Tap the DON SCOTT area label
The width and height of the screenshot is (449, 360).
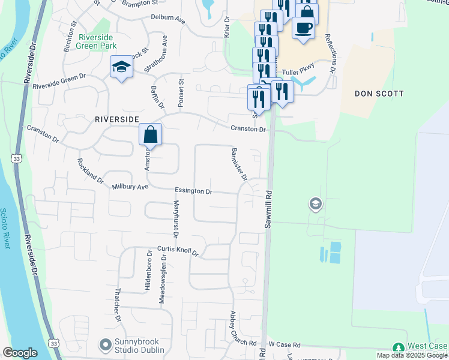click(x=379, y=94)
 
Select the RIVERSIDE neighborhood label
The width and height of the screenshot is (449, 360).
click(x=117, y=119)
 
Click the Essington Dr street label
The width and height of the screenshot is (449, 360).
click(x=193, y=191)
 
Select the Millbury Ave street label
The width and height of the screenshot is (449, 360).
click(x=130, y=187)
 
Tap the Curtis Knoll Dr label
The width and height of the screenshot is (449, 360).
click(x=178, y=251)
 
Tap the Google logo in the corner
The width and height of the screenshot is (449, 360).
click(x=20, y=353)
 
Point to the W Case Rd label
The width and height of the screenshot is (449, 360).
click(x=284, y=344)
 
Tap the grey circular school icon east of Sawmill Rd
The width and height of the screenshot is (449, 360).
click(x=315, y=205)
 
